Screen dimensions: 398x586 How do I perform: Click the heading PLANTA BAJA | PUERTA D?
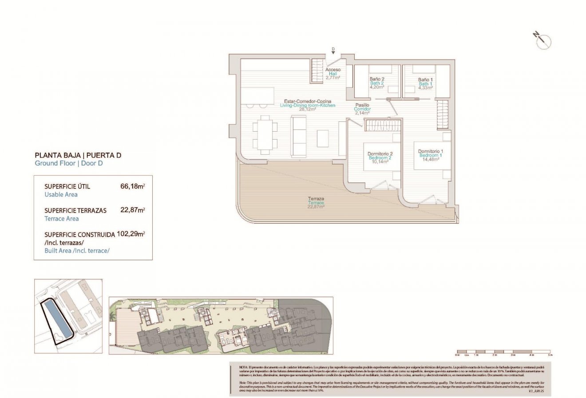click(x=78, y=155)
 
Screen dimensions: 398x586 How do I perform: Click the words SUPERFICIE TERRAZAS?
click(x=75, y=210)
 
